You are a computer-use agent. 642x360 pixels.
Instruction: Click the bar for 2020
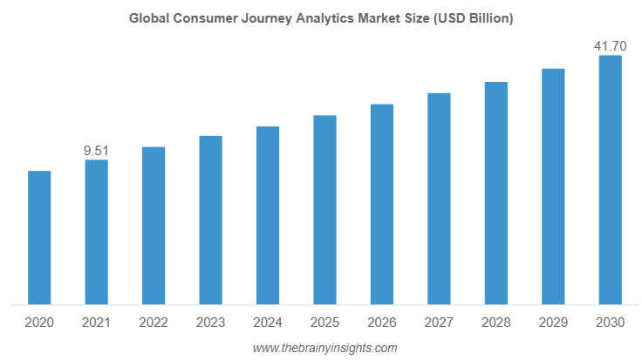coord(39,238)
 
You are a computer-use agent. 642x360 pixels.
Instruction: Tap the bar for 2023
coord(210,221)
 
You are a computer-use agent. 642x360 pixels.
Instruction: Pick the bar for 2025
coord(324,210)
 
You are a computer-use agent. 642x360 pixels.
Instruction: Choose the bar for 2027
coord(439,199)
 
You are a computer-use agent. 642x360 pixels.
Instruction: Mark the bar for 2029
coord(553,187)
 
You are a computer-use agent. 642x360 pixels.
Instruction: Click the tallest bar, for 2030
coord(610,180)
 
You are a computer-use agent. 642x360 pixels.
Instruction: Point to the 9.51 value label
coord(96,151)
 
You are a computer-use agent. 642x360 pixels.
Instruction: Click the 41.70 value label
coord(610,45)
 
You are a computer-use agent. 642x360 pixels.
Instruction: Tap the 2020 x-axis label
coord(39,323)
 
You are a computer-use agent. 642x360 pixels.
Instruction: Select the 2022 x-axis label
coord(154,323)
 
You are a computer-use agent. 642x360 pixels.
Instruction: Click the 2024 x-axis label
coord(268,323)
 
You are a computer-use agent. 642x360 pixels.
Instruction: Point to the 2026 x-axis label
coord(382,323)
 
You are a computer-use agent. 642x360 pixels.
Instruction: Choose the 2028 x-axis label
coord(496,323)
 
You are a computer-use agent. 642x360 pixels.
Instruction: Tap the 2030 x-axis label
coord(610,323)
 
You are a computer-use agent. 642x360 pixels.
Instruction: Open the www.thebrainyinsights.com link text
coord(324,348)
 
